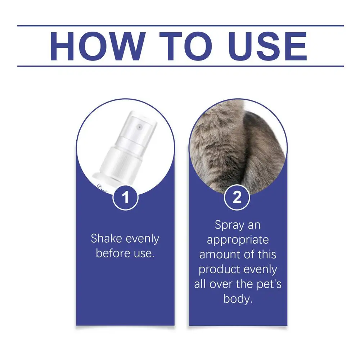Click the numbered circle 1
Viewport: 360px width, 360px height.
(x=125, y=197)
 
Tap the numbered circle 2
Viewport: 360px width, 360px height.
(x=237, y=197)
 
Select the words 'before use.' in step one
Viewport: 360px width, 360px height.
(x=125, y=253)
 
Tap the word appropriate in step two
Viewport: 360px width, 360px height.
(x=238, y=240)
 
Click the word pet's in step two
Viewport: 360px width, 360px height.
(x=269, y=284)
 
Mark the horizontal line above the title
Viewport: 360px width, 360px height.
(x=180, y=26)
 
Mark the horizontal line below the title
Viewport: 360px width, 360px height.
(x=180, y=66)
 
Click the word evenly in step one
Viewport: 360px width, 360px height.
(x=142, y=239)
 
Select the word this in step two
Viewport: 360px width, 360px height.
(x=267, y=255)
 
